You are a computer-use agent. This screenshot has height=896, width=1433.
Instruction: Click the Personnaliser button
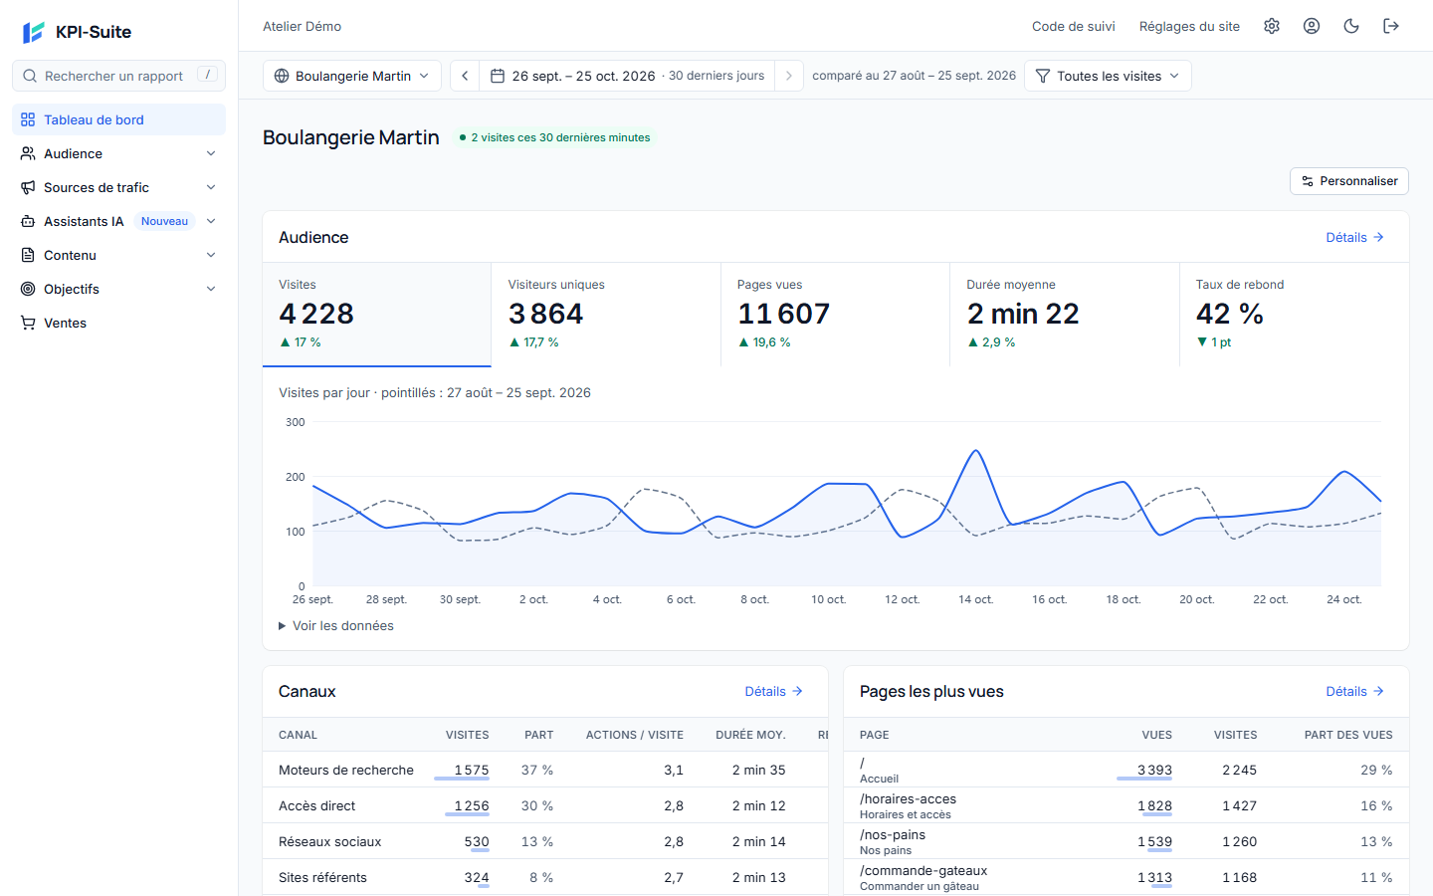(x=1348, y=181)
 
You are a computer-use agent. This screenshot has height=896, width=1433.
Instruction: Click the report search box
(x=118, y=76)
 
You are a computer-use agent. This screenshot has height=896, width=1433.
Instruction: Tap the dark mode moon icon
(x=1351, y=26)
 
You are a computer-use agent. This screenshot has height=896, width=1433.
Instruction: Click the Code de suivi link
(x=1073, y=26)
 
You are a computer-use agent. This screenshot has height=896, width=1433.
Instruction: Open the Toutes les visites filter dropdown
(x=1108, y=76)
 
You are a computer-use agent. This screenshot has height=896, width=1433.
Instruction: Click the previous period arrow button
(x=465, y=76)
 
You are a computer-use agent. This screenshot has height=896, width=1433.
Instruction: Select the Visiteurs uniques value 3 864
(x=545, y=314)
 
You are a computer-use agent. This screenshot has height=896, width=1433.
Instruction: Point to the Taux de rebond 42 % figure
(x=1230, y=314)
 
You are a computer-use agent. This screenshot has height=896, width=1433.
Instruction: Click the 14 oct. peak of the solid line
(x=975, y=451)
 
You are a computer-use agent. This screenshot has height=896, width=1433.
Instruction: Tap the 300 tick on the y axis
(x=295, y=422)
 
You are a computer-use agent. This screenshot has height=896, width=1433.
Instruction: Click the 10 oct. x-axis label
(x=828, y=599)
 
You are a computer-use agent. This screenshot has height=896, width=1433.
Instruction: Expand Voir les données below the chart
(x=336, y=626)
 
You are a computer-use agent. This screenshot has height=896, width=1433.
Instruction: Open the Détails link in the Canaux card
(x=773, y=691)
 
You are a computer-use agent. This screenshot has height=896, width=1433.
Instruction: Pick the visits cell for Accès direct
(x=472, y=805)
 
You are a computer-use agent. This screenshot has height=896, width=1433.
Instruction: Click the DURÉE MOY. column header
(x=750, y=735)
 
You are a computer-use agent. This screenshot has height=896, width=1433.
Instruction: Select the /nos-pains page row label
(x=893, y=834)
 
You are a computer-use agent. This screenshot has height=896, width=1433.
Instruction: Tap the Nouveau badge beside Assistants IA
(x=164, y=221)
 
